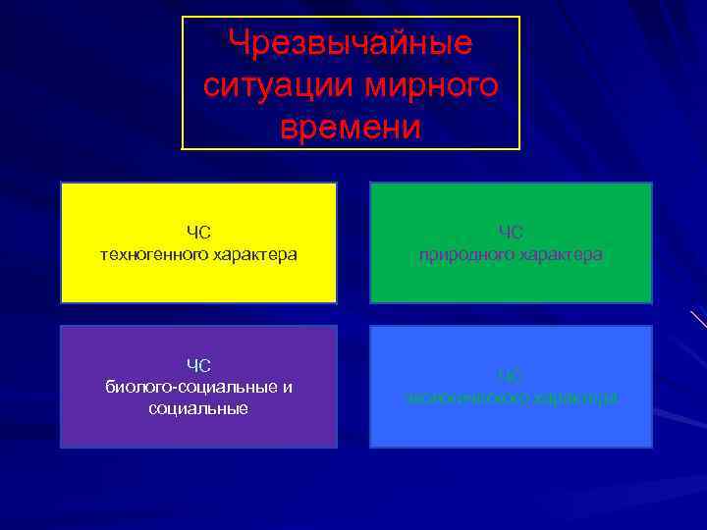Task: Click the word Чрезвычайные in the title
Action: click(351, 43)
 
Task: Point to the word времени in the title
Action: click(351, 128)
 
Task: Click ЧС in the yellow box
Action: click(199, 233)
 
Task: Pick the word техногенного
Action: click(153, 255)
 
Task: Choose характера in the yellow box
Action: click(253, 255)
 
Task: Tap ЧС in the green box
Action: click(511, 233)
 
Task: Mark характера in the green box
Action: click(562, 255)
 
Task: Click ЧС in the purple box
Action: click(199, 366)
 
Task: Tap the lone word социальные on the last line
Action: click(198, 408)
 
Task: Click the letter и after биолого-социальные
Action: click(287, 387)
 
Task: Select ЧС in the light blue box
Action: click(511, 376)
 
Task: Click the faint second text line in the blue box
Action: click(511, 397)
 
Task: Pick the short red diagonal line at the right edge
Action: click(698, 319)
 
